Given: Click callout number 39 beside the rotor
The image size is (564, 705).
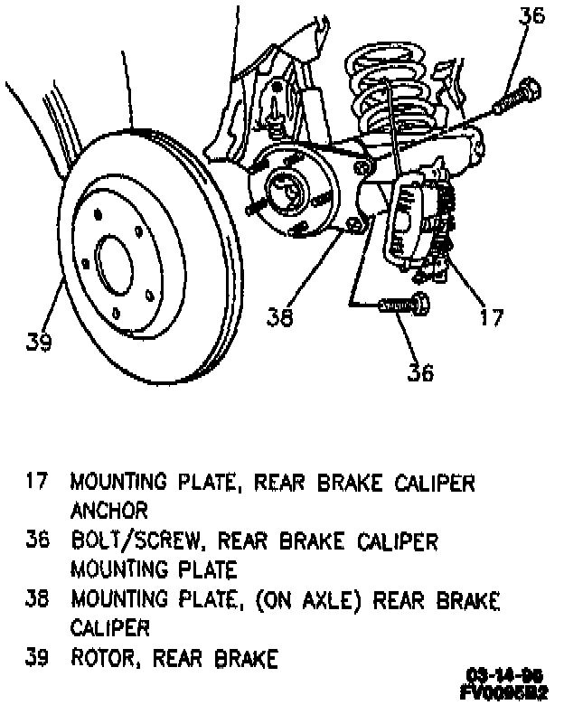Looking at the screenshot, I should (x=37, y=341).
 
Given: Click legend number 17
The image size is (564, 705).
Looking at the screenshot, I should (x=35, y=482).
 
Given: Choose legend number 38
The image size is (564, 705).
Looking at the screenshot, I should (x=35, y=600).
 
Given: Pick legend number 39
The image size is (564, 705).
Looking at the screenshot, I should (x=35, y=659).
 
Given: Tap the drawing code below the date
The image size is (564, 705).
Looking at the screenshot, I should (x=503, y=691).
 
